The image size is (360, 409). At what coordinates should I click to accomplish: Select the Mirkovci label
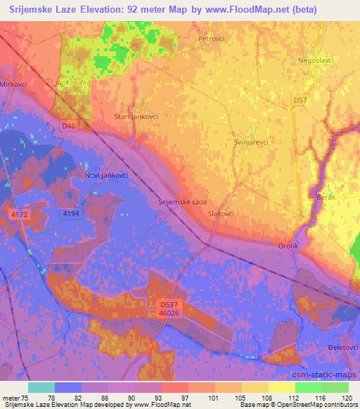coord(13,84)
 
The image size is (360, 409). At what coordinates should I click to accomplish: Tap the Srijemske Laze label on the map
coord(182,202)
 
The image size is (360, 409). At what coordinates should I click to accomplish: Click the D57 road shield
coord(300,101)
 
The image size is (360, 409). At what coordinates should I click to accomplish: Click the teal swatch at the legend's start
coord(41,387)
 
